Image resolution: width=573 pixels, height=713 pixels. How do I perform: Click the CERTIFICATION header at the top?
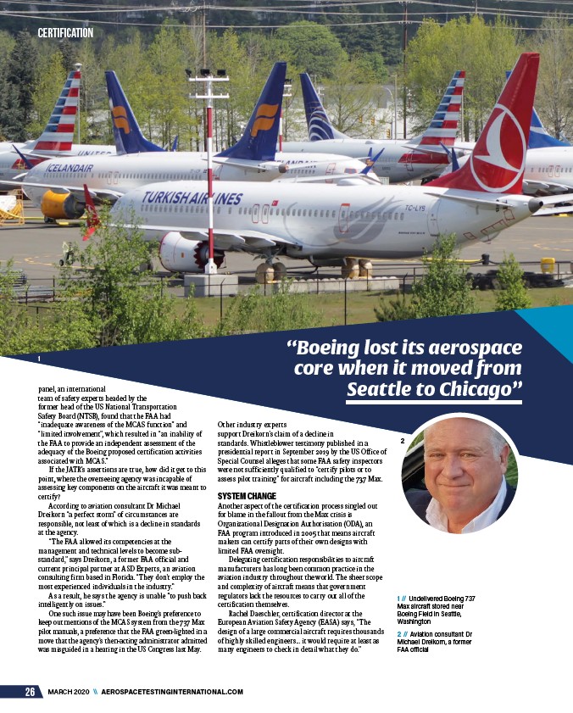tap(65, 33)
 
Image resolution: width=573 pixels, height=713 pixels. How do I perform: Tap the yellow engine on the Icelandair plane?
tap(62, 204)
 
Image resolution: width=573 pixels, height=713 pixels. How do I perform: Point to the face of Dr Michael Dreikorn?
tap(459, 464)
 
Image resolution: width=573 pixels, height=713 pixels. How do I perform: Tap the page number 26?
tap(29, 692)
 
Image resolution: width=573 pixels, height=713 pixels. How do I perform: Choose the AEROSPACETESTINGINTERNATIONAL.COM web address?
tap(172, 692)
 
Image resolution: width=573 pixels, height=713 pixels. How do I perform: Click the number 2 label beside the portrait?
tap(402, 440)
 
